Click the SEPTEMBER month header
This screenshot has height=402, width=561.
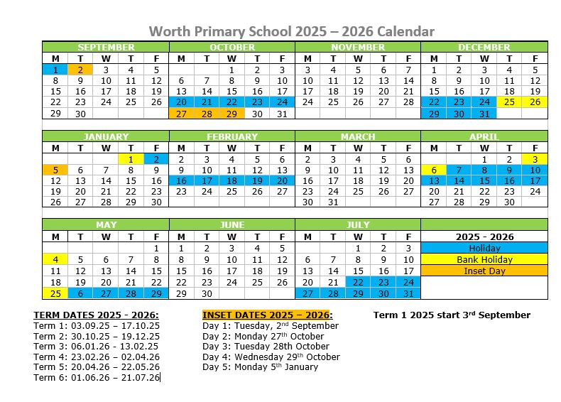[x=106, y=47]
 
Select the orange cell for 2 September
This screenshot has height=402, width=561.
[x=80, y=70]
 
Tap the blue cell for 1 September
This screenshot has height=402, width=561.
[x=55, y=70]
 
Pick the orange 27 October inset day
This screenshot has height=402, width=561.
[x=181, y=114]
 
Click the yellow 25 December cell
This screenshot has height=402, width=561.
[x=509, y=102]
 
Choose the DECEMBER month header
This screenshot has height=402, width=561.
[x=484, y=47]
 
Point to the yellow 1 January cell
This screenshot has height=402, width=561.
[x=131, y=159]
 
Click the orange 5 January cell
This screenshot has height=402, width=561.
[x=55, y=170]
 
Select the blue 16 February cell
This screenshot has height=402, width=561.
[x=181, y=181]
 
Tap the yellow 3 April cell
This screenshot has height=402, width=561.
[x=535, y=159]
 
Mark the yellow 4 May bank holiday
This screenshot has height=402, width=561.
[x=55, y=259]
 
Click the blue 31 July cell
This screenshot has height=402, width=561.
[x=408, y=293]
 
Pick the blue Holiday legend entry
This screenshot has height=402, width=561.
[x=484, y=248]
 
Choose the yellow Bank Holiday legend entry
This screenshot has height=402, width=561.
[x=484, y=259]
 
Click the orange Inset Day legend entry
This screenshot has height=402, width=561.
[x=484, y=271]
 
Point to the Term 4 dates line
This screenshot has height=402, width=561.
[x=97, y=357]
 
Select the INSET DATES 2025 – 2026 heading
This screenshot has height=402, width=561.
[x=267, y=315]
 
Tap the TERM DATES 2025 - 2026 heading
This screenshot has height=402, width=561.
[x=97, y=315]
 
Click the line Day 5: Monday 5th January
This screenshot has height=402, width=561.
[x=260, y=366]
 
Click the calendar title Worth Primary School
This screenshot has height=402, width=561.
[x=291, y=31]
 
